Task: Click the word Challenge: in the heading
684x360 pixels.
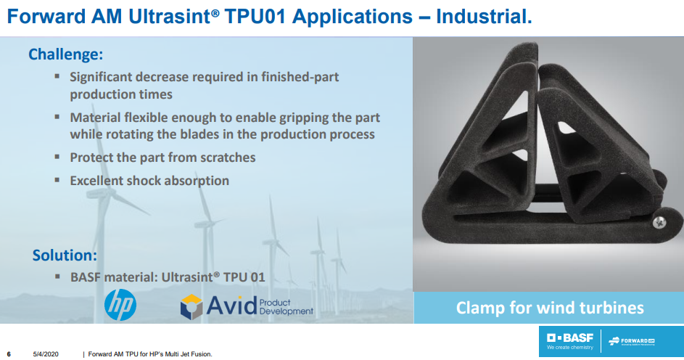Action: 65,54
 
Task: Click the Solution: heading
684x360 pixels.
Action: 65,255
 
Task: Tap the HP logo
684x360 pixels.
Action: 120,305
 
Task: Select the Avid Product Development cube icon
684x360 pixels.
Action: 191,306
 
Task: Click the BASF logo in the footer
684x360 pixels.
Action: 570,342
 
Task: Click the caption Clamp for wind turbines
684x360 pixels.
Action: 549,308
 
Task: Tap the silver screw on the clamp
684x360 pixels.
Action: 660,222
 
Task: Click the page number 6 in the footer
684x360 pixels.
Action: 9,353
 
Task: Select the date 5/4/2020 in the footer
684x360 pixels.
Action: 46,353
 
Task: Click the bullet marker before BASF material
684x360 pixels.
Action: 57,276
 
